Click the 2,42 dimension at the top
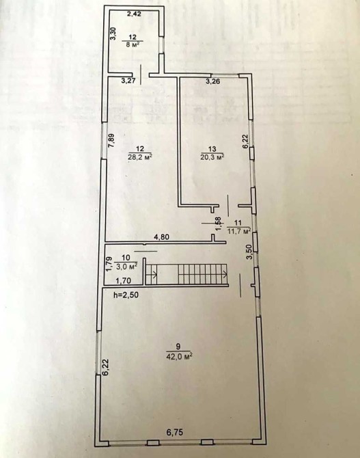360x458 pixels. click(x=135, y=14)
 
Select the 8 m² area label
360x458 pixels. click(x=133, y=44)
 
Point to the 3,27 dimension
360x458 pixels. click(x=128, y=81)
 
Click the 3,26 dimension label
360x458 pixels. click(x=213, y=81)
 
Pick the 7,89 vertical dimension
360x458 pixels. click(x=111, y=141)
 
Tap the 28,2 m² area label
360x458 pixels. click(x=141, y=157)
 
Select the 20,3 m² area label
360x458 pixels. click(x=212, y=157)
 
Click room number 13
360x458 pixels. click(x=212, y=148)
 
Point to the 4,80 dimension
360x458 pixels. click(x=161, y=237)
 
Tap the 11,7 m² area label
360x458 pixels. click(x=239, y=232)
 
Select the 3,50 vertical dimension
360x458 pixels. click(x=249, y=252)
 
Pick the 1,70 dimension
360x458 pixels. click(x=124, y=281)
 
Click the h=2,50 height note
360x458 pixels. click(x=126, y=295)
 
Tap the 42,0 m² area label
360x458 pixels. click(x=179, y=357)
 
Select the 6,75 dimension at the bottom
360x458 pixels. click(x=176, y=432)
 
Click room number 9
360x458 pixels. click(x=178, y=347)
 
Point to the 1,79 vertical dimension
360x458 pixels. click(x=109, y=263)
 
